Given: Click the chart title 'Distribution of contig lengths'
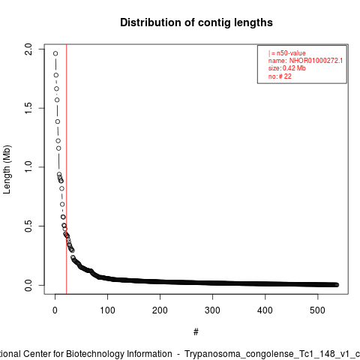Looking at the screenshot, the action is [196, 22].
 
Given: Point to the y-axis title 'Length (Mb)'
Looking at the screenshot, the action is [7, 169].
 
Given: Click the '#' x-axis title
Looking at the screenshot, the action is [196, 332].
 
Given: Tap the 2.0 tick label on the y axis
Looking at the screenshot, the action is [28, 49].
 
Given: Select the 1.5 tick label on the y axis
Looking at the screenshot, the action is [28, 108].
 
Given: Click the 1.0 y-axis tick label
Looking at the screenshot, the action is [28, 167].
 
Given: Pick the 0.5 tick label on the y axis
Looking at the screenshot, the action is [28, 226].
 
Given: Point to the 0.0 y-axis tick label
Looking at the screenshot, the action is [28, 285].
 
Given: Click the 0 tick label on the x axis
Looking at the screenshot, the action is [55, 310].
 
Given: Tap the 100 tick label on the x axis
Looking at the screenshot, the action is [107, 310].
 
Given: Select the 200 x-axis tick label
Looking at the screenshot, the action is [160, 310].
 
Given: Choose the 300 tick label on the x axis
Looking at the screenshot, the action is [212, 310].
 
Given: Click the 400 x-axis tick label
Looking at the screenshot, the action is [265, 310].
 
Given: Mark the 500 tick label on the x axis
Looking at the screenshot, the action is [317, 310].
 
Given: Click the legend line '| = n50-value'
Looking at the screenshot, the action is [287, 53].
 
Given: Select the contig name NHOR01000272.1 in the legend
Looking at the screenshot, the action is [316, 61].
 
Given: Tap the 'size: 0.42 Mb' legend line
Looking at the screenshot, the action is [287, 68].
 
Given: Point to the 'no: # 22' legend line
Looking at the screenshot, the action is [280, 76].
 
